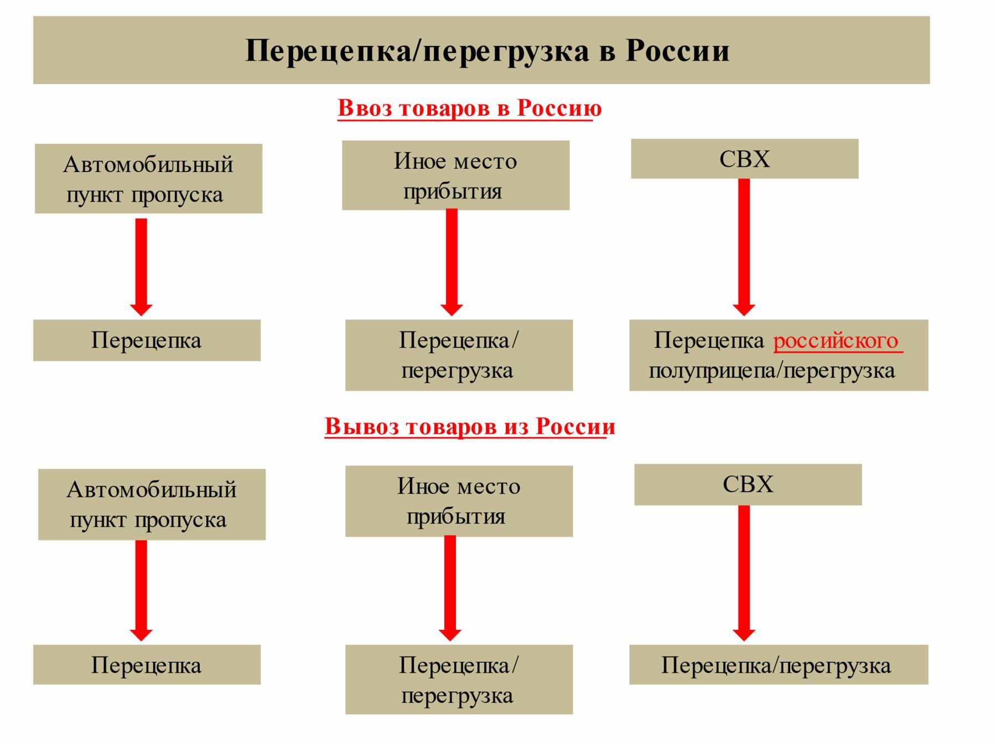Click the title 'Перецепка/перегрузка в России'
coord(487,50)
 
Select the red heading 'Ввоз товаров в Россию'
coord(469,108)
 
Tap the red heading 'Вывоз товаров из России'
coord(470,427)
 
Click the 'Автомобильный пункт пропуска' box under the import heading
coord(148,179)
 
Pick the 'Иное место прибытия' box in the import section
coord(455,175)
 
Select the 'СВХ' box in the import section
coord(745,159)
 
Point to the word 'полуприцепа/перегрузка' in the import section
coord(772,370)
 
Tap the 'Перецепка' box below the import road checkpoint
coord(147,340)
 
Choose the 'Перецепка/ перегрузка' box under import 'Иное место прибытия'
coord(459,355)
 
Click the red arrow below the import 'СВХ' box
coord(744,247)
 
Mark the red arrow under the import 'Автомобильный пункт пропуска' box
coord(141,267)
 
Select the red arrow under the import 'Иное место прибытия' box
coord(452,262)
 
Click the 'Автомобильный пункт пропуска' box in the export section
coord(152,504)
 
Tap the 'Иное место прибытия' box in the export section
coord(459,501)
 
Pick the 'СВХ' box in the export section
coord(748,484)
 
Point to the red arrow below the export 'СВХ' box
coord(744,573)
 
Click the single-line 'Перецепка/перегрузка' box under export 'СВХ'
coord(779,665)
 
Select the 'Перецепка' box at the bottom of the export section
coord(147,665)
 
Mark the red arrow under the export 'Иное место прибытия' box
coord(450,588)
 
